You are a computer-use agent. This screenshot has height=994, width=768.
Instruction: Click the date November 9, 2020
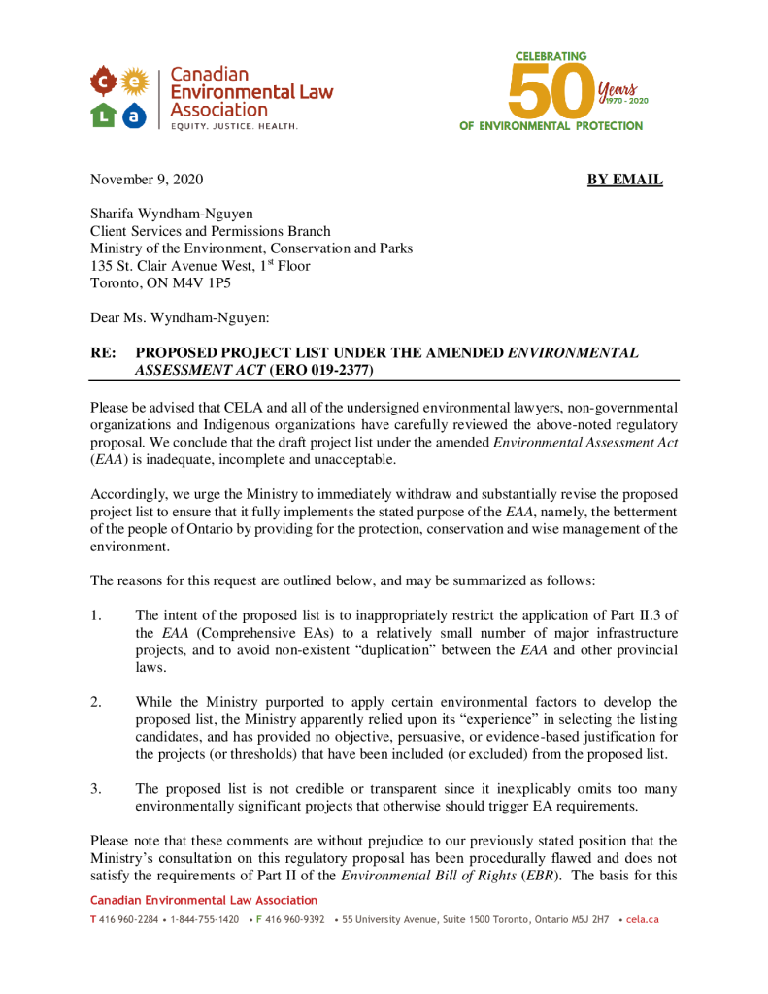click(x=147, y=180)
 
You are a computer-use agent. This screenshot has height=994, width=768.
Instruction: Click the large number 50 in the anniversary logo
click(x=551, y=90)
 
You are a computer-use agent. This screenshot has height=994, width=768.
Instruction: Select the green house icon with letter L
click(x=104, y=116)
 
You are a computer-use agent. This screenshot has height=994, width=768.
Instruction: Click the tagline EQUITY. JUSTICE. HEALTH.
click(x=235, y=127)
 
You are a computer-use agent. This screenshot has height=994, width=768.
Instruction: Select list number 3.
click(x=95, y=788)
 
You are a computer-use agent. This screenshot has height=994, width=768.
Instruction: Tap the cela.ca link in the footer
click(x=642, y=919)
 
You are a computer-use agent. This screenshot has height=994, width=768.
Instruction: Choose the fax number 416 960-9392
click(x=294, y=919)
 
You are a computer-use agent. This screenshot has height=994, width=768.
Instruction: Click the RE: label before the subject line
click(x=104, y=353)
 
